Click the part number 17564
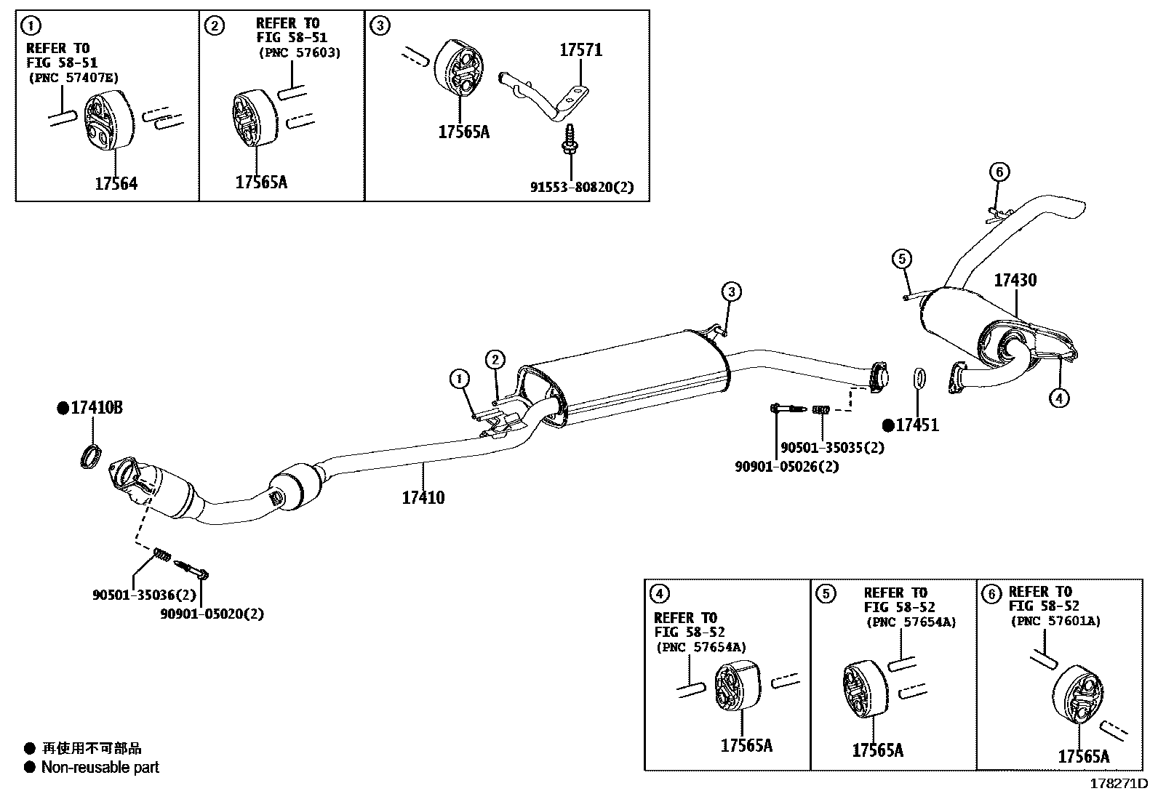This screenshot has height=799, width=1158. coord(116,184)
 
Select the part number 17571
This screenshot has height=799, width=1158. coord(580,50)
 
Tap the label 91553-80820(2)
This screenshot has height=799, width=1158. coord(581,187)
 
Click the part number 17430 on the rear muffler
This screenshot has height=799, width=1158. coord(1015,280)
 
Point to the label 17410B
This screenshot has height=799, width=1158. coord(96,408)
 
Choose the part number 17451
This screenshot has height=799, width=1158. coord(917,425)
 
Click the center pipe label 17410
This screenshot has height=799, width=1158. coord(423,498)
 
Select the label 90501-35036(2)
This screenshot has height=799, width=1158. coord(144,595)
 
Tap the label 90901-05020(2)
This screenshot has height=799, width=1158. coord(212,614)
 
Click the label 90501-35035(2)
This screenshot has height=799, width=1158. coord(832,448)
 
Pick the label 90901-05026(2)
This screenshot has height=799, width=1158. coord(786,467)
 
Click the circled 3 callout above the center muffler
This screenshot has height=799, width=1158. coord(731,292)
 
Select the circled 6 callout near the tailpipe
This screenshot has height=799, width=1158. coord(999,172)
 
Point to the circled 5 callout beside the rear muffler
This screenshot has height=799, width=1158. coord(901,258)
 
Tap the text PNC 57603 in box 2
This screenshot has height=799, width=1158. coord(299,52)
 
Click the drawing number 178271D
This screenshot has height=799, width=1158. coord(1117,784)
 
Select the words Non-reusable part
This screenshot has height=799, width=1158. coord(100,767)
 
